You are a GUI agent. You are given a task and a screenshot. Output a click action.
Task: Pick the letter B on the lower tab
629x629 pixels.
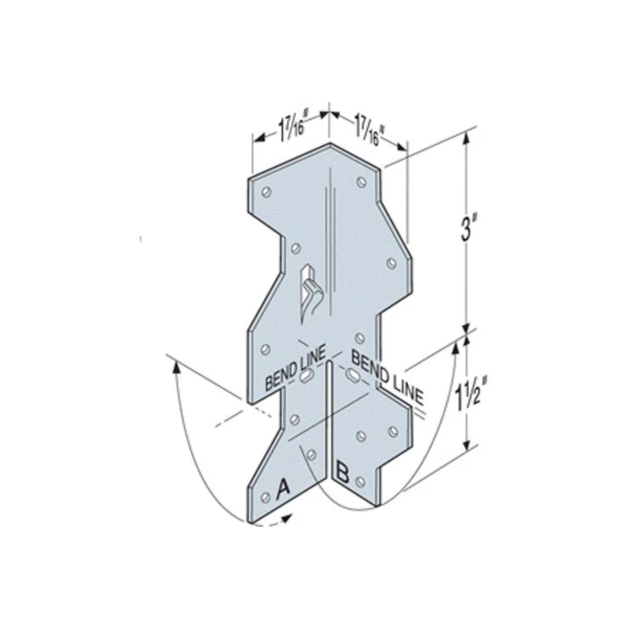pos(344,471)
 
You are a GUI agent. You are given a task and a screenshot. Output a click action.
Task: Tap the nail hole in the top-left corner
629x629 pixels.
pos(266,191)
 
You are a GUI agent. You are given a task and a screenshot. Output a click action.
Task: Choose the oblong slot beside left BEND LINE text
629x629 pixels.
pos(308,375)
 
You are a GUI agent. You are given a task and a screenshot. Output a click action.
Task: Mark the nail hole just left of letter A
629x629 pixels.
pos(266,497)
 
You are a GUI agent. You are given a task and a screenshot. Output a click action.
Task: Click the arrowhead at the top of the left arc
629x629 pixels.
pos(177,366)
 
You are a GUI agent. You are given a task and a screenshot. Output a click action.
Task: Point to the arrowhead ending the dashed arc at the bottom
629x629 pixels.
pos(288,518)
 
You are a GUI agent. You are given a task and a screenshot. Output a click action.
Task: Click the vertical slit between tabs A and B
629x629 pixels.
pos(330,420)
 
